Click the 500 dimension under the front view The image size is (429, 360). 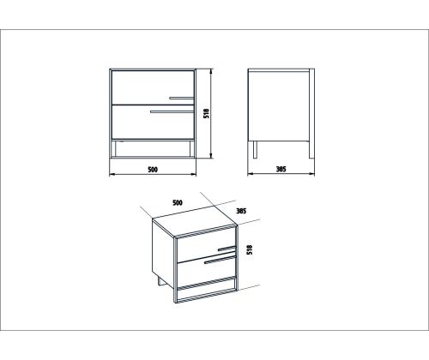point(153,170)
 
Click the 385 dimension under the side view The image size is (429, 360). point(281,169)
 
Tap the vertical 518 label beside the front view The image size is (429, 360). point(206,113)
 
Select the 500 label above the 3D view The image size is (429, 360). point(178,202)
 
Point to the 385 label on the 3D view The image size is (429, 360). point(241,211)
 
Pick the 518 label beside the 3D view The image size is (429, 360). point(250,249)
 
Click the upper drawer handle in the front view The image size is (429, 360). point(182,99)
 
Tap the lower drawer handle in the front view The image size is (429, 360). point(172,111)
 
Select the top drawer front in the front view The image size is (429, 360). point(153,87)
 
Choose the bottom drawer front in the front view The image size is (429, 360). point(153,122)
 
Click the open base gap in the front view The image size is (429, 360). point(153,148)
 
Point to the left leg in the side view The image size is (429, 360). point(255,149)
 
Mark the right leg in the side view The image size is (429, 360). point(311,149)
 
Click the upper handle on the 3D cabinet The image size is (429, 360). point(227,249)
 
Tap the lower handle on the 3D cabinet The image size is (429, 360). point(221,260)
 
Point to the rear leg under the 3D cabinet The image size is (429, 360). point(160,281)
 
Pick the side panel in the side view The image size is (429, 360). point(279,105)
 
